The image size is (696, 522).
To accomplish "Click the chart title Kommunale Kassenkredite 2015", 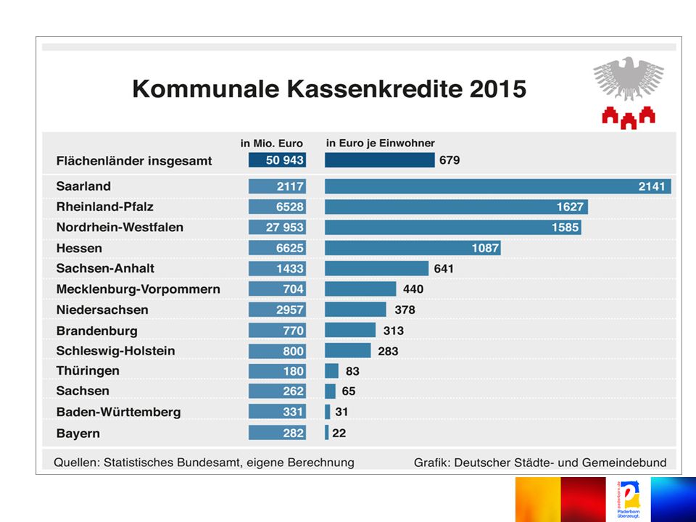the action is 329,88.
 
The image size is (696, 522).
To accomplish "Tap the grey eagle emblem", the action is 629,78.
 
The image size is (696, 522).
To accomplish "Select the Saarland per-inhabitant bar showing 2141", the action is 497,186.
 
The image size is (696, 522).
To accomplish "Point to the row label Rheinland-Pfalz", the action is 104,207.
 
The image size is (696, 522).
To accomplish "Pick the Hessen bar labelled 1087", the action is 413,248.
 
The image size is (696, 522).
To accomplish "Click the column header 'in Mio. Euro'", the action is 272,144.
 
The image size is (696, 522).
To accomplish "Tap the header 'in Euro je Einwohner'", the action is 381,143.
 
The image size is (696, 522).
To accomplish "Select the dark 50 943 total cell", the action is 278,159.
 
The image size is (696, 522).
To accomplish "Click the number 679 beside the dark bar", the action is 449,159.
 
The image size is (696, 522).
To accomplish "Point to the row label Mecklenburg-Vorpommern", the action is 138,289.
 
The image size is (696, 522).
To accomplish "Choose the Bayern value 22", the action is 339,434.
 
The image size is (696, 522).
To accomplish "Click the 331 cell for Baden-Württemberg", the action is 278,412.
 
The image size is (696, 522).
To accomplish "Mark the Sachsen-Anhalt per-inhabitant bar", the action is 377,268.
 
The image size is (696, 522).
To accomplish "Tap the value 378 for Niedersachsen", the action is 405,310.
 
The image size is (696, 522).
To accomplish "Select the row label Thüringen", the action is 88,370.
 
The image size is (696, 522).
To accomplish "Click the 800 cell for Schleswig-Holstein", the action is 278,351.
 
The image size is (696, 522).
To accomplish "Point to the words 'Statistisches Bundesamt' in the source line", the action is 172,463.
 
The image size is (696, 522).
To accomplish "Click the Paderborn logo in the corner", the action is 628,500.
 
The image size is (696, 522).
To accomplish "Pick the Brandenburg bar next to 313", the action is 350,331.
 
